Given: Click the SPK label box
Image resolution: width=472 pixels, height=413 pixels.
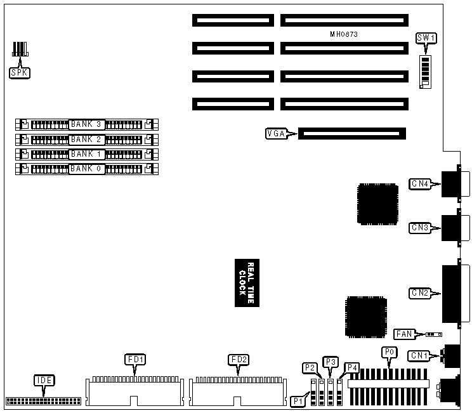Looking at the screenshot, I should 20,72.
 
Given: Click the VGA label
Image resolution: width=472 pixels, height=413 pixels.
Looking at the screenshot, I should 277,134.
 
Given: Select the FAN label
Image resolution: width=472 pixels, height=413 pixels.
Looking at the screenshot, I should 404,334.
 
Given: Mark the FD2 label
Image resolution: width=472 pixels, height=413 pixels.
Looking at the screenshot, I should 239,360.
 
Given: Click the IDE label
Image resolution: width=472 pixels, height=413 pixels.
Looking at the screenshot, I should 44,381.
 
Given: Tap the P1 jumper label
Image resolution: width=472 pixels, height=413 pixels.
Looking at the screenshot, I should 298,401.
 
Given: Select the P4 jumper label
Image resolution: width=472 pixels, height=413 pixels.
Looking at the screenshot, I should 351,367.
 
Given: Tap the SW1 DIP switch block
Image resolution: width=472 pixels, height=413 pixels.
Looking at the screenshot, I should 426,70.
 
